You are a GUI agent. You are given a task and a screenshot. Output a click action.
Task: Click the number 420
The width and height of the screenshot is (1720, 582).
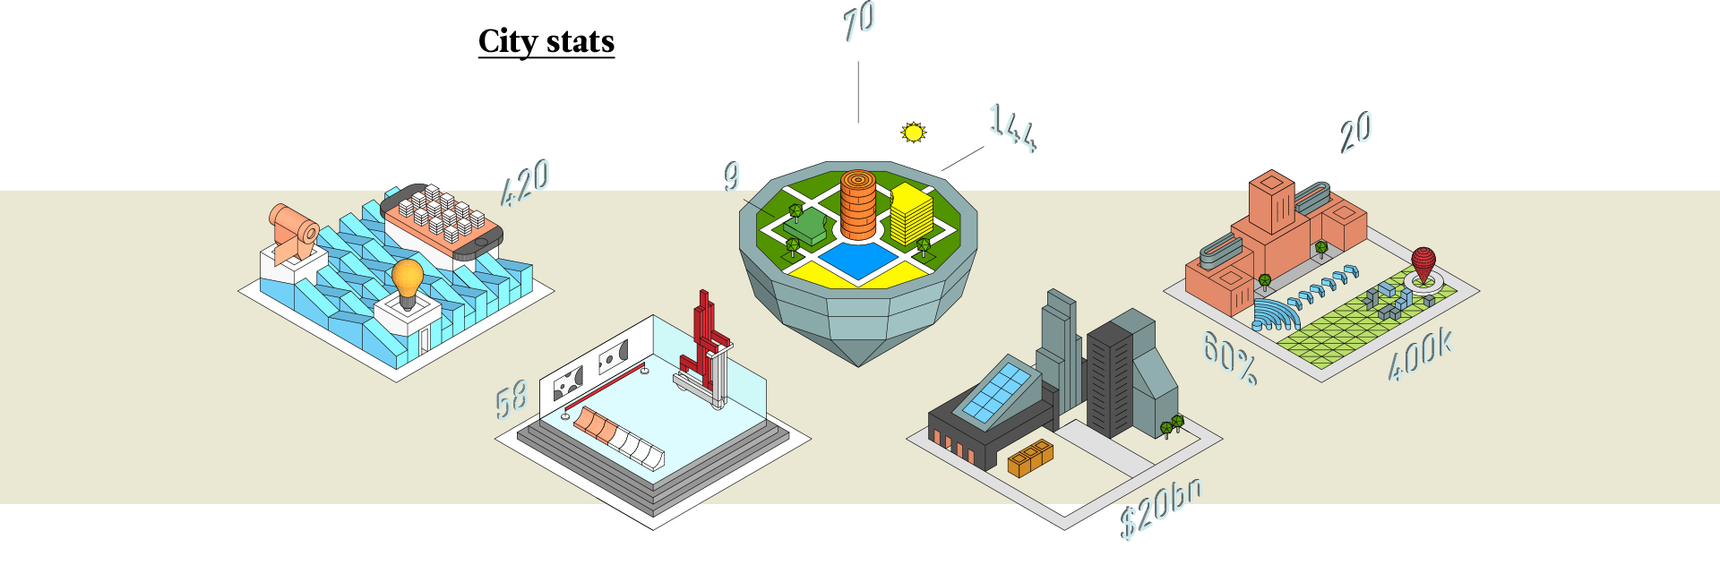click(x=526, y=183)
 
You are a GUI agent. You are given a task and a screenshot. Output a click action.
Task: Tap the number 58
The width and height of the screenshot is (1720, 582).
click(x=512, y=399)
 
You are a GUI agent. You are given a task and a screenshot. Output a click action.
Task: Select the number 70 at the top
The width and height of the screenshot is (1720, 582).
click(x=859, y=21)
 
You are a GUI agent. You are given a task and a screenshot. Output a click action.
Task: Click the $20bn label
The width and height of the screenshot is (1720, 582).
click(x=1161, y=509)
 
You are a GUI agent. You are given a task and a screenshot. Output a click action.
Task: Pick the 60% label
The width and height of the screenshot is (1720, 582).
click(x=1229, y=356)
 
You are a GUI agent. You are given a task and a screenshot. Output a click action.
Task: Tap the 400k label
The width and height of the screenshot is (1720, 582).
click(x=1419, y=355)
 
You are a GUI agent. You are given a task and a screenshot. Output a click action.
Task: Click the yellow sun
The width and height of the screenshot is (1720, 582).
click(x=913, y=133)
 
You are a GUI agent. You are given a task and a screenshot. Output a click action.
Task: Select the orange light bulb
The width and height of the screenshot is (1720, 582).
click(x=408, y=279)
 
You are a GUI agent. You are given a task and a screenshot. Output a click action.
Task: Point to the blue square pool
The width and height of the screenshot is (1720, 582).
click(x=857, y=261)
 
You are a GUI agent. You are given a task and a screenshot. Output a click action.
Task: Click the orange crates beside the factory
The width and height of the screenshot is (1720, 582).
click(x=1030, y=457)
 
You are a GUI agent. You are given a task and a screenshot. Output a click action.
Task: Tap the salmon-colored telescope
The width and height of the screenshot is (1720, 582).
click(x=292, y=229)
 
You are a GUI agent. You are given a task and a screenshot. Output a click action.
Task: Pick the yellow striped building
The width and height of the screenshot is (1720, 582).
click(x=911, y=215)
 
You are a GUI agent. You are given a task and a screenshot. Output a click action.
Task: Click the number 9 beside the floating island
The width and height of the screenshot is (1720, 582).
click(x=733, y=175)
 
